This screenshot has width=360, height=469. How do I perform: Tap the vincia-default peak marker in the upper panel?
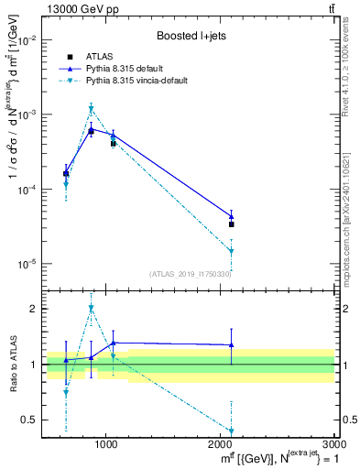click(x=91, y=109)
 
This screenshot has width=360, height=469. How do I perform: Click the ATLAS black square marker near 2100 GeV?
click(x=232, y=224)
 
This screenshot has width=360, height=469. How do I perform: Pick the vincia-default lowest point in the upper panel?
click(x=232, y=251)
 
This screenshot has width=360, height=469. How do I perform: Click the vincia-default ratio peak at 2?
click(x=91, y=309)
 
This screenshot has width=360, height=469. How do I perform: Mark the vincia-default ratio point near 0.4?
click(x=232, y=431)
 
